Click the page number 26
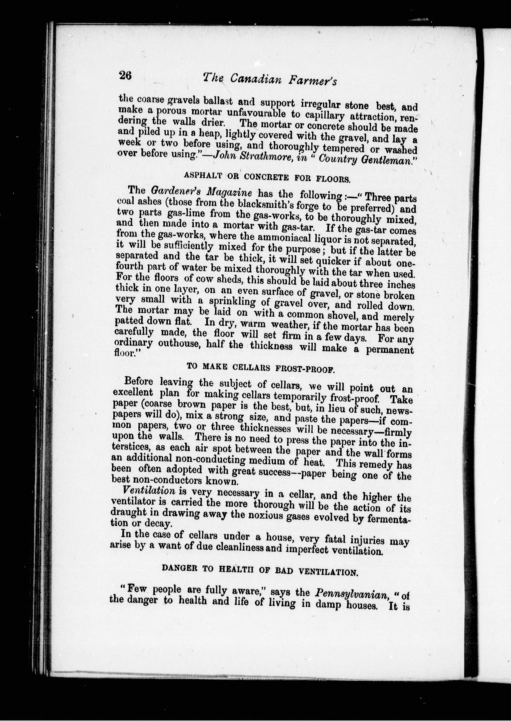(x=125, y=76)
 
